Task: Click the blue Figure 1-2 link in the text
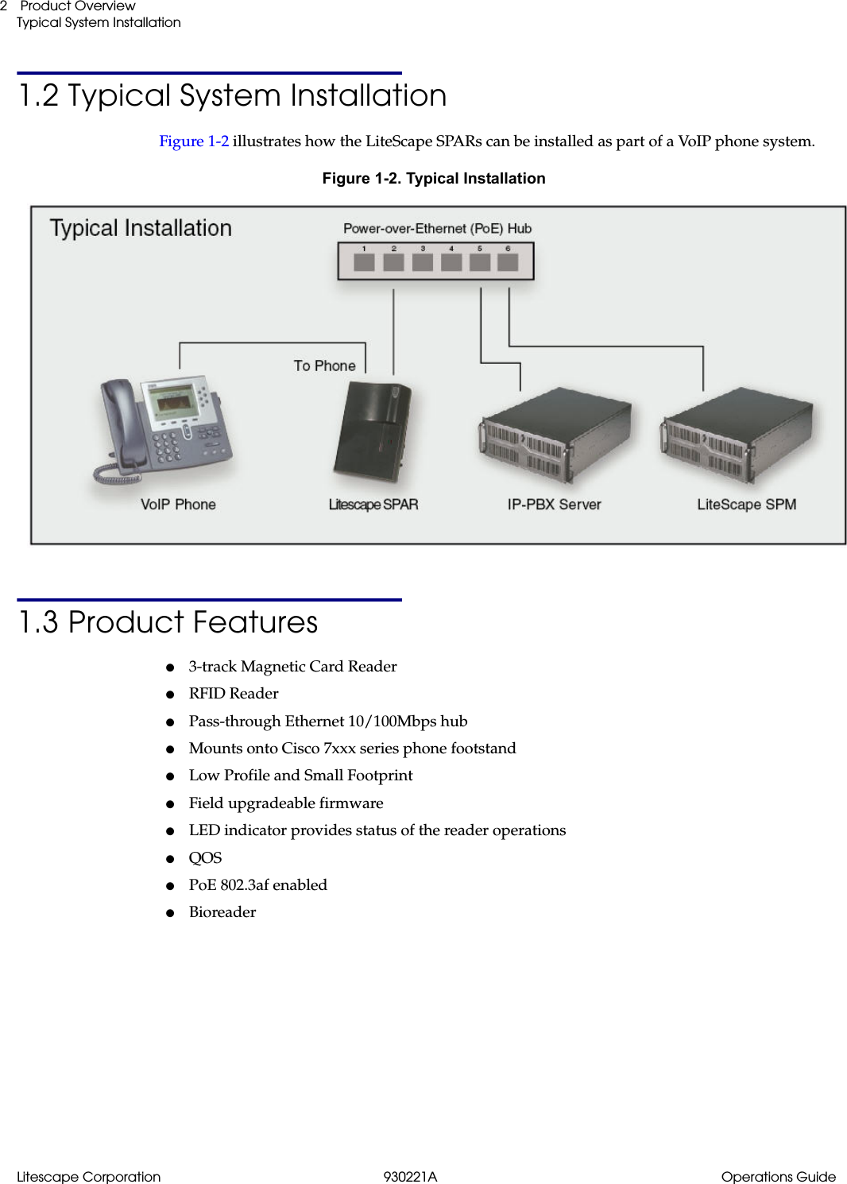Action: [x=194, y=141]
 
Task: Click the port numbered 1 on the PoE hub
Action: [x=364, y=261]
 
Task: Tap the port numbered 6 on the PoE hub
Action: [x=508, y=261]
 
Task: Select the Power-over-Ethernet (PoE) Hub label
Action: [x=437, y=229]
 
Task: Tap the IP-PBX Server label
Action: [x=554, y=505]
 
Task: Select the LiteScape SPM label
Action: [x=746, y=505]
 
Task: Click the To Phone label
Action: [x=324, y=366]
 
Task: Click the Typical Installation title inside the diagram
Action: [x=141, y=228]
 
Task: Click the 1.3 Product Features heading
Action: [x=168, y=622]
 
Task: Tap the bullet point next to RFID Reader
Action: [x=170, y=695]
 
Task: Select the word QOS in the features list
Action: [x=205, y=857]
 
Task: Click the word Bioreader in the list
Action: [x=222, y=912]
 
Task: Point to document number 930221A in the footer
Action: [x=410, y=1177]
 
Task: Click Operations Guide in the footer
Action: [x=778, y=1177]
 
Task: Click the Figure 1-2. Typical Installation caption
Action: [x=434, y=179]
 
